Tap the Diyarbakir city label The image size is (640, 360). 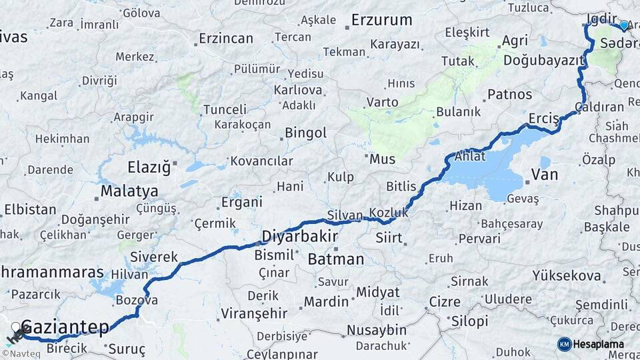[299, 237]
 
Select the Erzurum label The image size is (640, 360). [382, 20]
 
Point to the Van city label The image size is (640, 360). [544, 175]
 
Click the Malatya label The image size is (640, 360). [129, 192]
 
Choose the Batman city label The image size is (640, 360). [335, 259]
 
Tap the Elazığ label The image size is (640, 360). [149, 167]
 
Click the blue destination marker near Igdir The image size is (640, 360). [624, 25]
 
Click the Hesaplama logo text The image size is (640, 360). [599, 344]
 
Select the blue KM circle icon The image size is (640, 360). [564, 344]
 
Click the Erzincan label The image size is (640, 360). [226, 39]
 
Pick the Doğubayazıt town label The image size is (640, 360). [543, 60]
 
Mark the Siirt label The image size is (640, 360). [389, 237]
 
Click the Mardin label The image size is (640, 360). [326, 301]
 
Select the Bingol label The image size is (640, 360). [305, 133]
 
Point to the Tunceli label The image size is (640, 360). [225, 109]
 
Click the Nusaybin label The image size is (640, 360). [376, 330]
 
